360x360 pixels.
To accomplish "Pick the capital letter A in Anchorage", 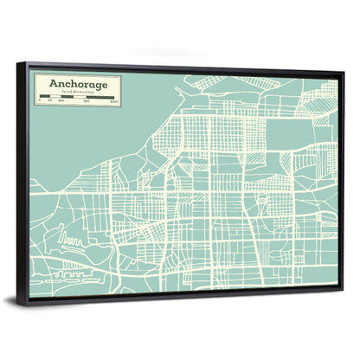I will click(x=54, y=84).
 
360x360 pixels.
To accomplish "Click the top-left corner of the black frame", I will click(x=28, y=63).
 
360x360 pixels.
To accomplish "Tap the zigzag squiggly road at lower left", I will click(x=73, y=235).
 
